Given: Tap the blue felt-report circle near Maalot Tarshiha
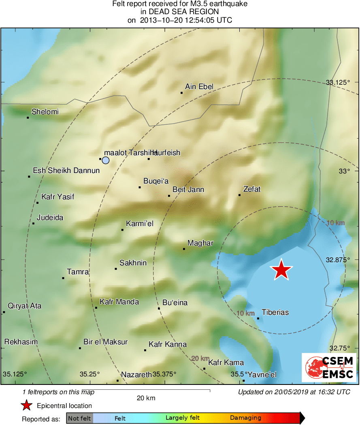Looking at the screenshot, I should click(106, 160).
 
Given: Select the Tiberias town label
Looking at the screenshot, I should click(275, 312).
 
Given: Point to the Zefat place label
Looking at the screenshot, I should click(251, 189).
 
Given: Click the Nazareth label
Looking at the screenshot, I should click(136, 374).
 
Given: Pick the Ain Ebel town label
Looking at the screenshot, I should click(199, 86).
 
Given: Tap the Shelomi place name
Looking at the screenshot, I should click(45, 112).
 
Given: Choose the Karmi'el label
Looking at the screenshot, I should click(140, 224).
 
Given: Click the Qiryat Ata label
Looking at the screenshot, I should click(25, 306).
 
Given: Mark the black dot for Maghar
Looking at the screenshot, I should click(184, 249).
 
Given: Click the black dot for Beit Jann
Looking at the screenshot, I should click(169, 196).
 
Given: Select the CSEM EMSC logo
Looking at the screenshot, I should click(329, 367).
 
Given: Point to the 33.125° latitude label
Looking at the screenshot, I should click(338, 83).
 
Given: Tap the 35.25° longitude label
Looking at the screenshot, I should click(89, 374).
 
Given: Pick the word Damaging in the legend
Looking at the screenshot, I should click(246, 418).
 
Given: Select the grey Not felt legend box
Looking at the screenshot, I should click(79, 418).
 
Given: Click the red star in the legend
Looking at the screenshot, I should click(27, 405).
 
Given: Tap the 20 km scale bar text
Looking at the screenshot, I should click(146, 398).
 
